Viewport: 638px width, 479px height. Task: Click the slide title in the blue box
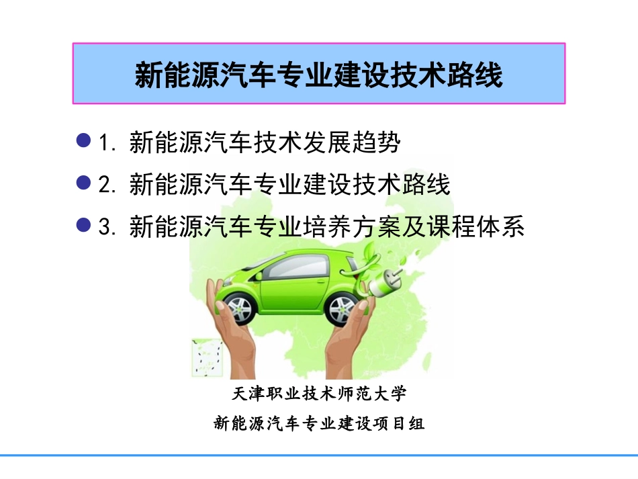coord(318,75)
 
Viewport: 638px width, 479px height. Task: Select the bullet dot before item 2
coord(84,182)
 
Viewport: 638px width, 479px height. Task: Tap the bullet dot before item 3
coord(84,225)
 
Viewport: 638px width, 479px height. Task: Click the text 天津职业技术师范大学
coord(319,393)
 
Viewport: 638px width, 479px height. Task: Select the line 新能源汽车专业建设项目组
coord(319,423)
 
